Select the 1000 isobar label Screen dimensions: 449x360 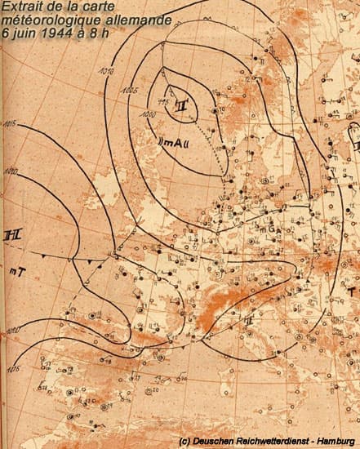pos(148,114)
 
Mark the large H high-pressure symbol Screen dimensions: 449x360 pos(11,235)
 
